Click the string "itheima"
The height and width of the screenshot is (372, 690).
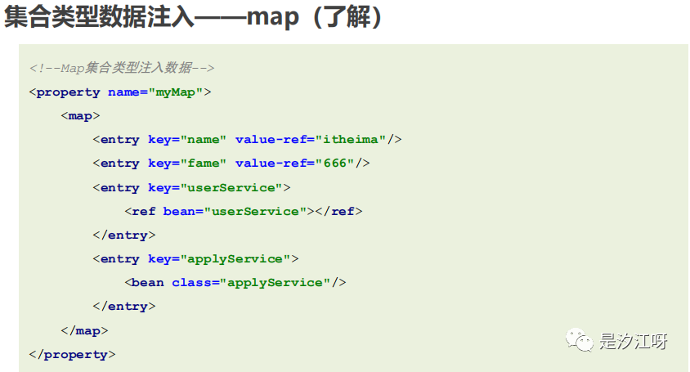(x=351, y=139)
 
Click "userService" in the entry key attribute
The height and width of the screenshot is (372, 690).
(x=231, y=187)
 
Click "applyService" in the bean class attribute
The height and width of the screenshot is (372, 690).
(x=276, y=282)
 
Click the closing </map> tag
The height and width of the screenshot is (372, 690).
(x=84, y=330)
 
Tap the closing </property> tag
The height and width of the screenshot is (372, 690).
(x=72, y=354)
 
